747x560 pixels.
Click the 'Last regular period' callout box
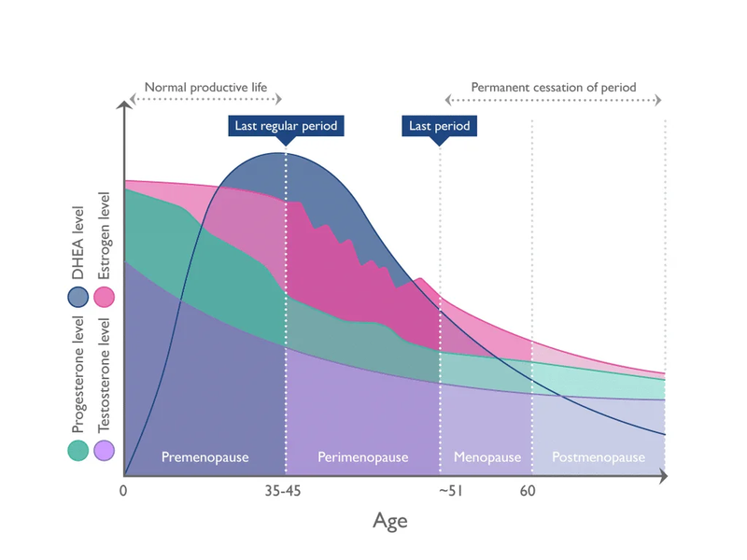coord(285,125)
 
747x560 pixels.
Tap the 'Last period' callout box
coord(440,125)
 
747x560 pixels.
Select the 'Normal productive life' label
coord(205,88)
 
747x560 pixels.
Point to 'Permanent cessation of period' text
coord(553,88)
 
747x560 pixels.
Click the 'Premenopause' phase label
coord(204,457)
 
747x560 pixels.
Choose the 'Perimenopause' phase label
coord(363,457)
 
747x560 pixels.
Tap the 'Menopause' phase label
coord(486,457)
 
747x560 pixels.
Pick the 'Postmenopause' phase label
coord(599,457)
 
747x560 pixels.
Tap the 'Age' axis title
coord(390,520)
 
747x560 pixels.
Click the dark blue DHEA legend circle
coord(78,298)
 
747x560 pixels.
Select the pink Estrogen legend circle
coord(104,298)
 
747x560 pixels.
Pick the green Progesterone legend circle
coord(78,451)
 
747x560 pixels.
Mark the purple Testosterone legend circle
coord(104,451)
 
